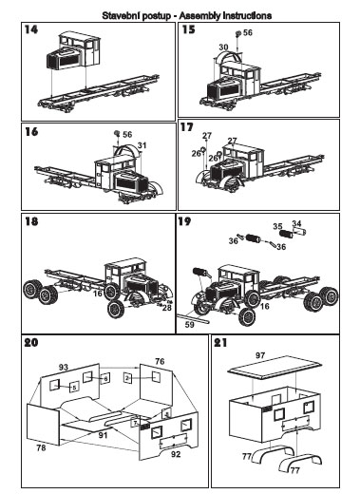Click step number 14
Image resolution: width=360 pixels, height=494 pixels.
coord(31,29)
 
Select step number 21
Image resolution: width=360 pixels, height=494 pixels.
coord(220,343)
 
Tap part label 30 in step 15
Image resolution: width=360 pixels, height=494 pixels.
coord(223,47)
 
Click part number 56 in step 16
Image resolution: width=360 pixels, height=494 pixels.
coord(127,134)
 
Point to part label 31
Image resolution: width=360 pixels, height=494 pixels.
coord(142,145)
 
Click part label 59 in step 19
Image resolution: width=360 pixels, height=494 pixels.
coord(190,325)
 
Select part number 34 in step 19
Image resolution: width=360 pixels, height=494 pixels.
coord(296,223)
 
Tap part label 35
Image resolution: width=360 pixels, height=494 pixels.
coord(277,226)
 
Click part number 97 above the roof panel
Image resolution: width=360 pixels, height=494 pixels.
coord(260,355)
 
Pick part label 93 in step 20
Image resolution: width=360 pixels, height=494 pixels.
coord(64,367)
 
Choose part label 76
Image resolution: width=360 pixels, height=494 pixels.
coord(160,361)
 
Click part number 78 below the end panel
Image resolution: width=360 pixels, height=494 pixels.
coord(41,447)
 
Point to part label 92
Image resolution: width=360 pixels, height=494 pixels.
coord(176,454)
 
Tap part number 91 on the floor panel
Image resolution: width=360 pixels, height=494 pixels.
coord(103,435)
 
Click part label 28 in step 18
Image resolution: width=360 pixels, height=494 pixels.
coord(167,308)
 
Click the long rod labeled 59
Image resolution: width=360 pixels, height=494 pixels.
coord(194,318)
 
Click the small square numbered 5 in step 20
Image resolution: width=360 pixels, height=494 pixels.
coord(74,388)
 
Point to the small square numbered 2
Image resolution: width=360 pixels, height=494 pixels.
coord(127,378)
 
